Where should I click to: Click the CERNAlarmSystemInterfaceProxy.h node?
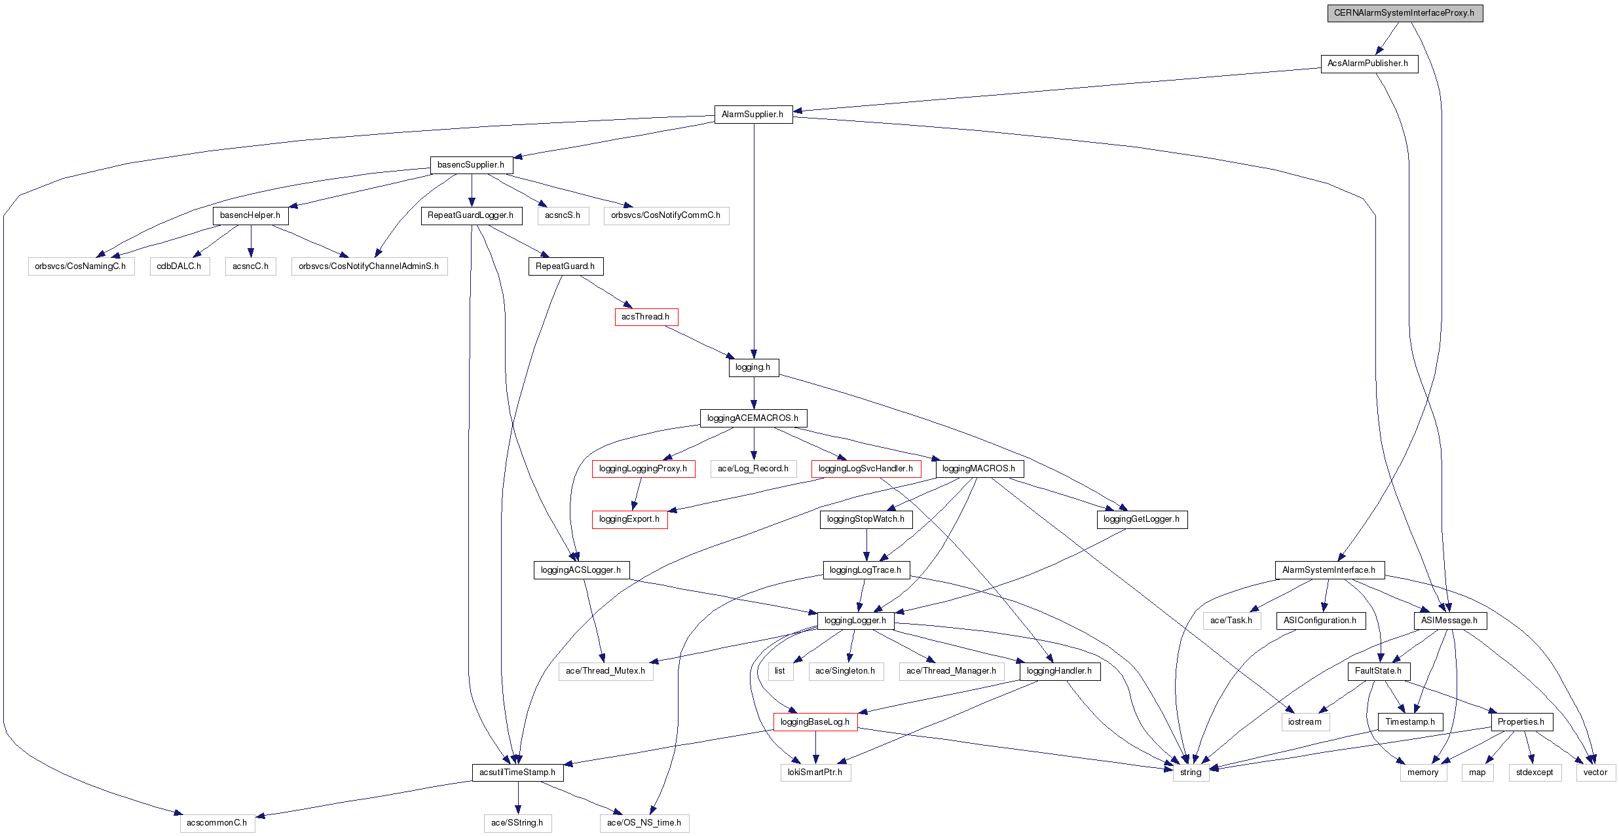pos(1404,13)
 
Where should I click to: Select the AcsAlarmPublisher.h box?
pos(1368,64)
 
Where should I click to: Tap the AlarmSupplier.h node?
pos(753,115)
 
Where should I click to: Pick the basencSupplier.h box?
pos(471,165)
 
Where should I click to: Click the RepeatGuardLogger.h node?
pos(470,215)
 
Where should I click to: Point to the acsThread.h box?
pos(645,317)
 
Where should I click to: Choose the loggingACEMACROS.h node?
pos(753,418)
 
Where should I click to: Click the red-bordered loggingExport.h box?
pos(629,519)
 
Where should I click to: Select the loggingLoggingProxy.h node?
pos(642,469)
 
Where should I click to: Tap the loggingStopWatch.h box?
pos(865,519)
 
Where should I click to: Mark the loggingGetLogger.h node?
pos(1141,519)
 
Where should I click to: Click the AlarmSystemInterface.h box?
pos(1329,570)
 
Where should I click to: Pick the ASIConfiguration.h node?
pos(1320,621)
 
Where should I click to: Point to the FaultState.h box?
pos(1378,671)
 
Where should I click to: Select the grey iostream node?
pos(1305,722)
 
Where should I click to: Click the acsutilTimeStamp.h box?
pos(517,772)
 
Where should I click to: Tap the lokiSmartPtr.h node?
pos(815,772)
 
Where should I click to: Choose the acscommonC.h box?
pos(217,823)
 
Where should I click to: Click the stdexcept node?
pos(1535,772)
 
